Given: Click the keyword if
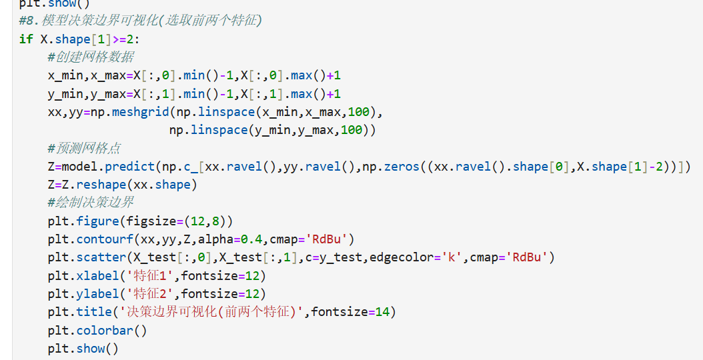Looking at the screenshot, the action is (x=26, y=39).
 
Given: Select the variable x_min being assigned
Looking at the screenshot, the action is (x=65, y=75).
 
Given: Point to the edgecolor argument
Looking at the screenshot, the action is (x=398, y=257).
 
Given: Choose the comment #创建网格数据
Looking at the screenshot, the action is (x=91, y=57).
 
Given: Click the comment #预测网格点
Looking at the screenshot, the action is (x=84, y=148).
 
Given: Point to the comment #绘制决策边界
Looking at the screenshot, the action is (x=91, y=202).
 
